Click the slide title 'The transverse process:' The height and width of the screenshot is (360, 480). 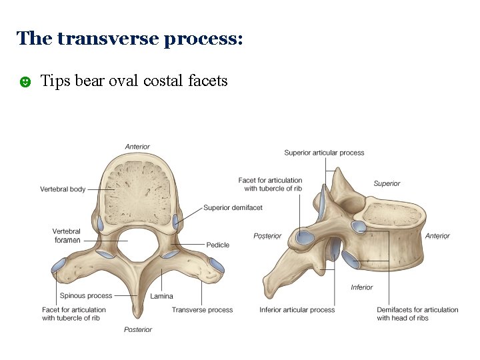pyautogui.click(x=129, y=39)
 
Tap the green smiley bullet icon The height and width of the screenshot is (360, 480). pyautogui.click(x=25, y=82)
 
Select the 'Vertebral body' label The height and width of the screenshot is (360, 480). pyautogui.click(x=63, y=189)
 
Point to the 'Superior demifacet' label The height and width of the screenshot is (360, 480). pyautogui.click(x=233, y=207)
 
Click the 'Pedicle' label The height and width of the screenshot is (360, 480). pyautogui.click(x=217, y=245)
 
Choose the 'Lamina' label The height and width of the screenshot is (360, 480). pyautogui.click(x=161, y=296)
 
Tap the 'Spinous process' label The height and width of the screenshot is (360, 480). pyautogui.click(x=86, y=295)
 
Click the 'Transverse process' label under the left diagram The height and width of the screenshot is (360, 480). pyautogui.click(x=202, y=309)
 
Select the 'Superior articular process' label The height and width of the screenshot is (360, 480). pyautogui.click(x=324, y=153)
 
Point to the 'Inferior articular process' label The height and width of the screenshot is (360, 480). pyautogui.click(x=297, y=309)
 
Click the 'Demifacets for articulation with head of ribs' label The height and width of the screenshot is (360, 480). pyautogui.click(x=417, y=313)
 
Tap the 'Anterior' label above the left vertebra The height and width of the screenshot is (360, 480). pyautogui.click(x=137, y=147)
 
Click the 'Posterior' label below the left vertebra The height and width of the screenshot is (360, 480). pyautogui.click(x=138, y=329)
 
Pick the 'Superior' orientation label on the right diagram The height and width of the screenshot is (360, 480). pyautogui.click(x=387, y=183)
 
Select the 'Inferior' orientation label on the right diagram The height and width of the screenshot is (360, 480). pyautogui.click(x=361, y=287)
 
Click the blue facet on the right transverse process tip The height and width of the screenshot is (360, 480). pyautogui.click(x=215, y=267)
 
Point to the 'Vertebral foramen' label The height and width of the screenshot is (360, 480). pyautogui.click(x=67, y=235)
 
